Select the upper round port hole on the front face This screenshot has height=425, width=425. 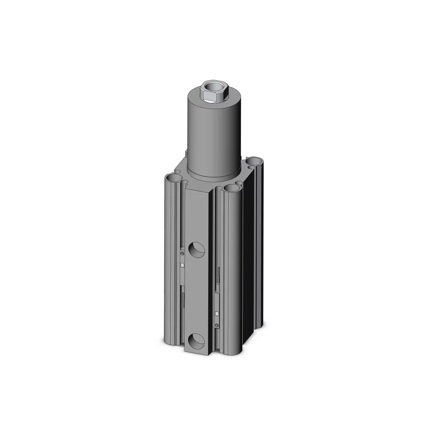(197, 249)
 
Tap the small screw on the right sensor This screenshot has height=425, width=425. (217, 326)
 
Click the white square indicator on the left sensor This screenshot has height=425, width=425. (182, 265)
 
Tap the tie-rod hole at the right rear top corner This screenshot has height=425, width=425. (255, 161)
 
